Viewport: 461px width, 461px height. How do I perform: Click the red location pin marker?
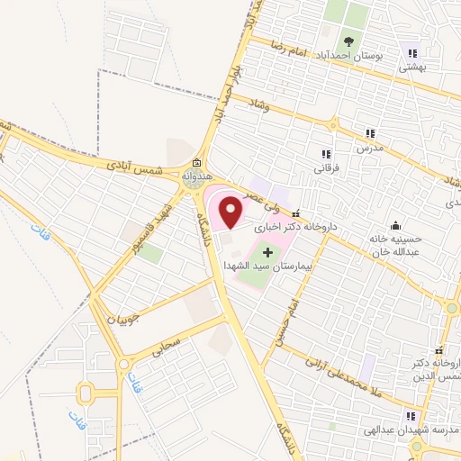tap(232, 212)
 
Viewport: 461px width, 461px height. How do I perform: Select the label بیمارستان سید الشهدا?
tap(267, 267)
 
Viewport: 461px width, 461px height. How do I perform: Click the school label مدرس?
tap(368, 146)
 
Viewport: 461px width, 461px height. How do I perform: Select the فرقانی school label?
tap(325, 167)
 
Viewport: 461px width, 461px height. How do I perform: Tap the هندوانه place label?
tap(196, 177)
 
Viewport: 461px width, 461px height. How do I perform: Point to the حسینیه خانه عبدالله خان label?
tap(395, 246)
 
